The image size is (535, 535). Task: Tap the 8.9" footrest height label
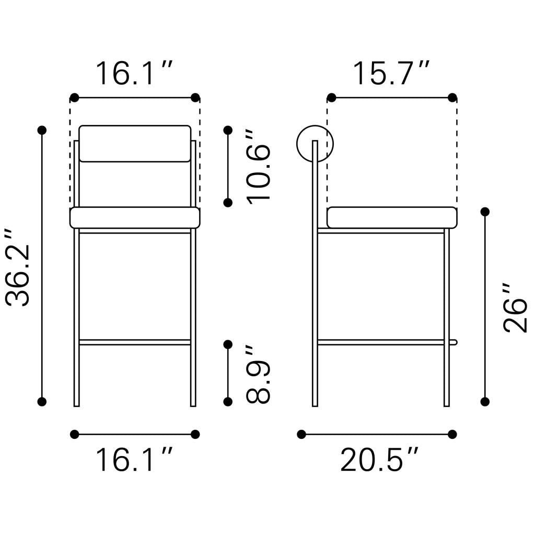(x=259, y=374)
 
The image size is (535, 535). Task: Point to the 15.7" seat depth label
(x=391, y=73)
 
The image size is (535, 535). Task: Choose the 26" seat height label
(x=515, y=308)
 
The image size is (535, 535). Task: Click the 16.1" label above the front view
(x=134, y=73)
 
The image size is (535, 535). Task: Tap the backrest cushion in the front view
(x=135, y=143)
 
